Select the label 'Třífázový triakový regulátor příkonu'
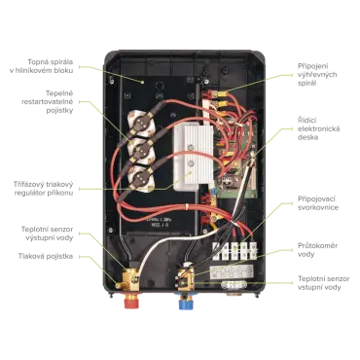[44, 189]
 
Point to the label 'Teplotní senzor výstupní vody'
[47, 234]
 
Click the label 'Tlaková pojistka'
[46, 257]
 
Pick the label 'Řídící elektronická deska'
[319, 128]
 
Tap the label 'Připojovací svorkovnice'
[318, 203]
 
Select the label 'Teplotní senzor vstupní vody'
[324, 283]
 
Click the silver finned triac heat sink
[193, 158]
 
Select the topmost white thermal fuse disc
[140, 122]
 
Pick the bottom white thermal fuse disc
[140, 177]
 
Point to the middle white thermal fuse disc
[140, 150]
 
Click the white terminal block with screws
[234, 251]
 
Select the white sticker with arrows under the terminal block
[232, 272]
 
